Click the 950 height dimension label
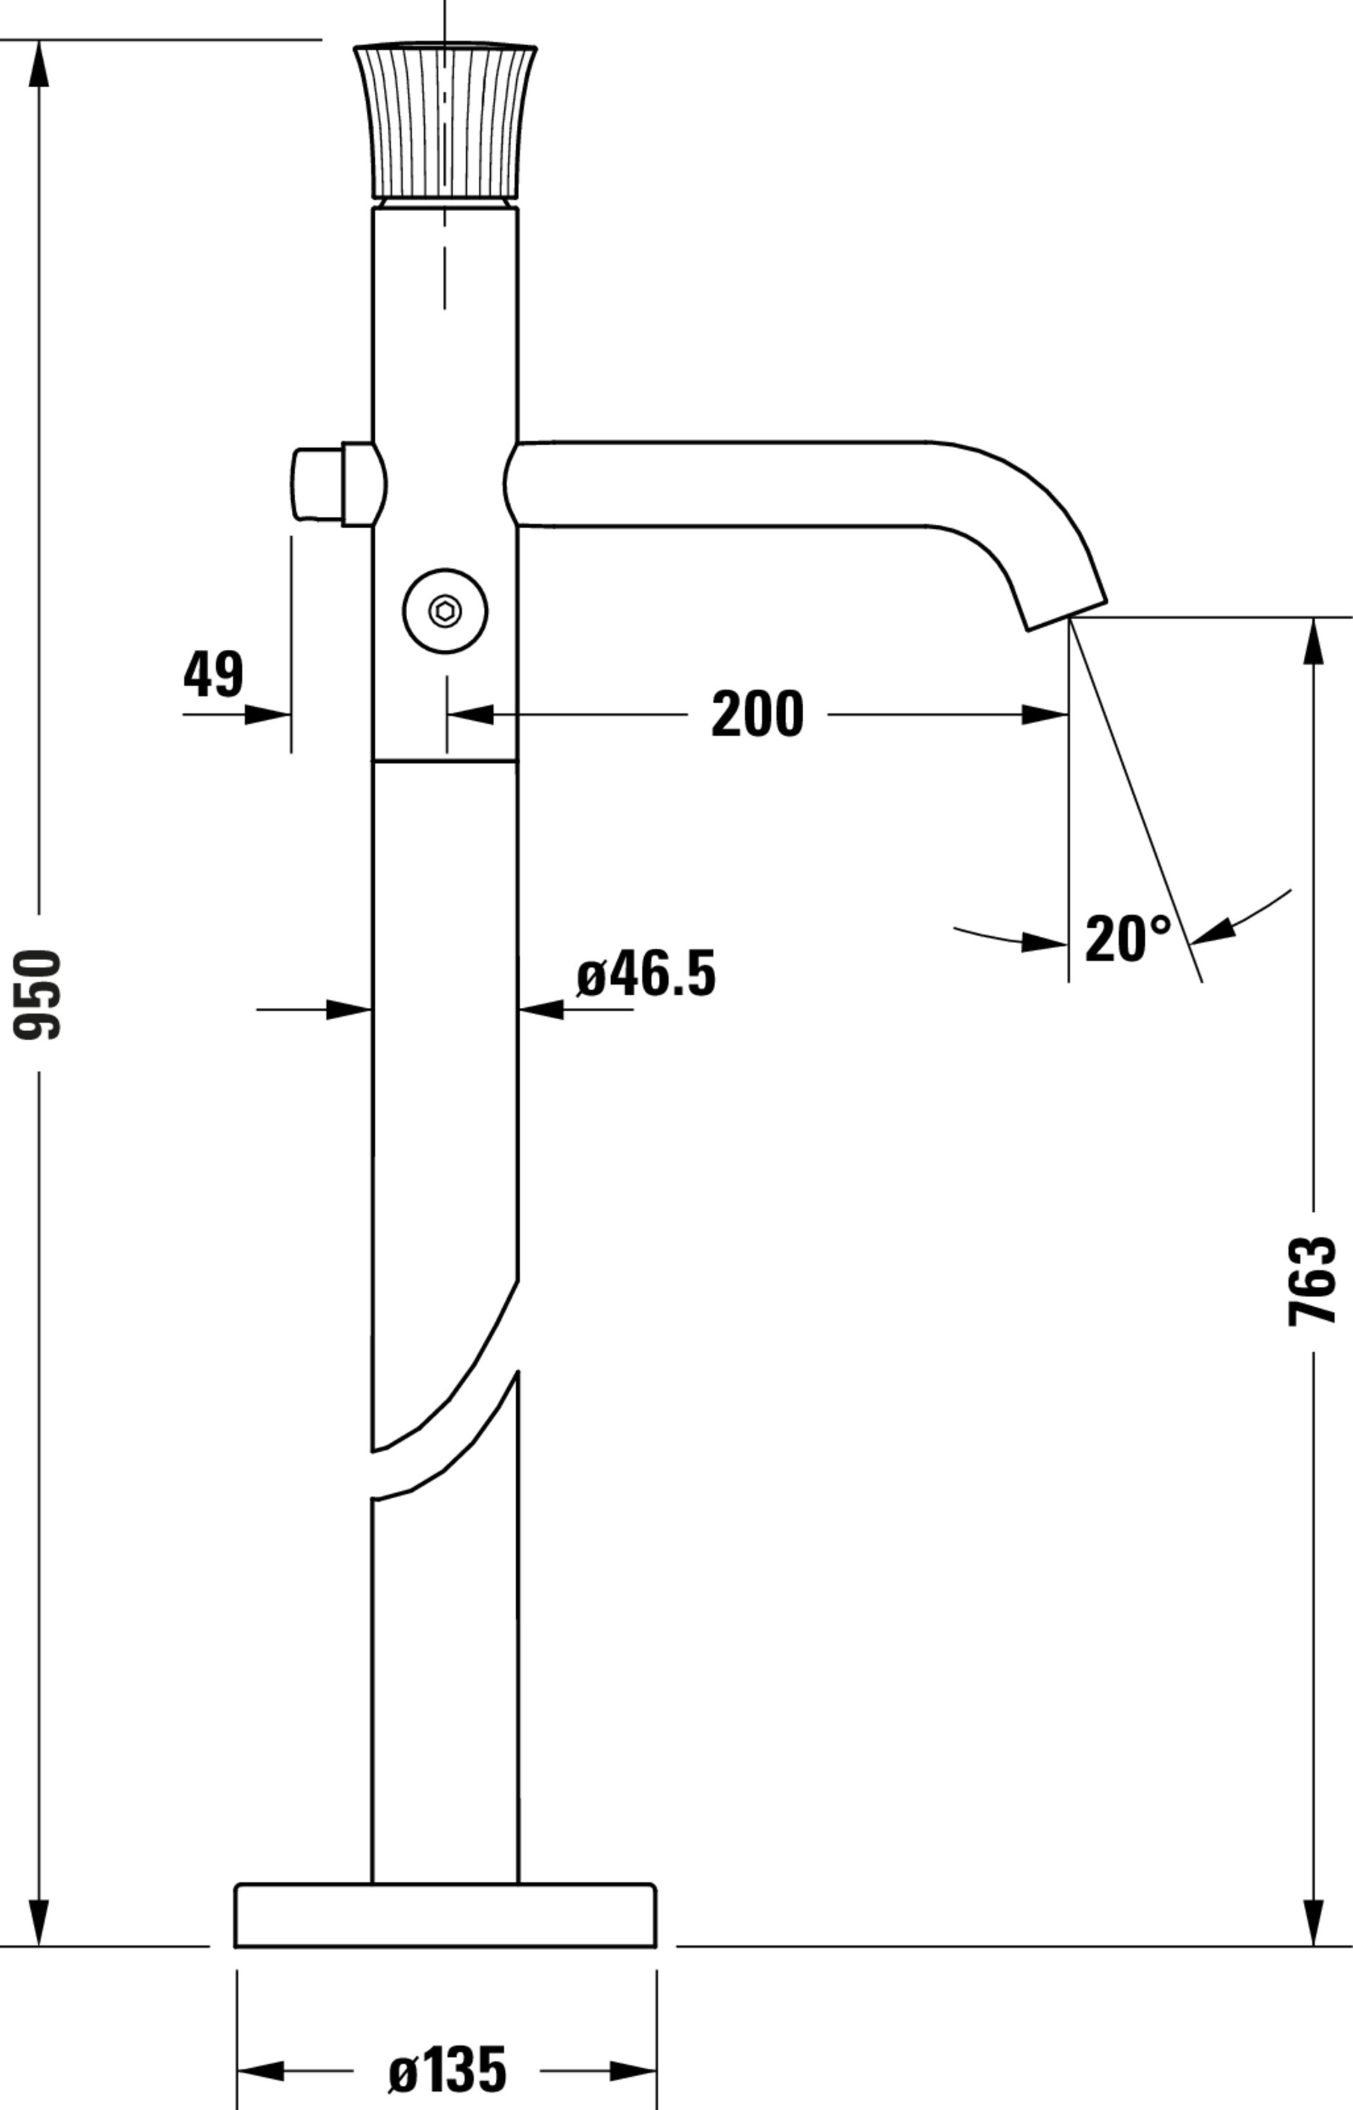tap(38, 994)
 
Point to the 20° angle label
tap(1127, 939)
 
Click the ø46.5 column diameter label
tap(647, 974)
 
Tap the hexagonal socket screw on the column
tap(445, 610)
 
